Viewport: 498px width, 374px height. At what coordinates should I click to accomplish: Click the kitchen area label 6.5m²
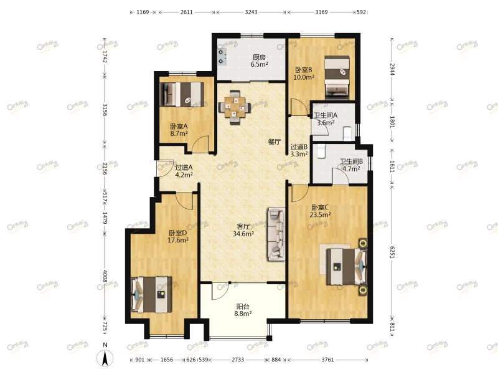[x=259, y=65]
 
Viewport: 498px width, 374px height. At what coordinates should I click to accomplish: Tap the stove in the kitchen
[x=222, y=57]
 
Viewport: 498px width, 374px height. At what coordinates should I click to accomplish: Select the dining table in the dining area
[x=235, y=107]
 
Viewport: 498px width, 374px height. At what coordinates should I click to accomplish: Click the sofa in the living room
[x=276, y=234]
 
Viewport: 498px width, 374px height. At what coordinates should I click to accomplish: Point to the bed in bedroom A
[x=182, y=94]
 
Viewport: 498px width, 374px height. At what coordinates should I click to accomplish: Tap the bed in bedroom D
[x=151, y=295]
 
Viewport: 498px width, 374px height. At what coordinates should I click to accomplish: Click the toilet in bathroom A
[x=348, y=133]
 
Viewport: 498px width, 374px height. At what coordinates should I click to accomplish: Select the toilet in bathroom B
[x=321, y=151]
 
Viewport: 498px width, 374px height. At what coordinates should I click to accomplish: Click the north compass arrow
[x=105, y=358]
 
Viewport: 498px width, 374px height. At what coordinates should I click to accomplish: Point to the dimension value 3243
[x=251, y=12]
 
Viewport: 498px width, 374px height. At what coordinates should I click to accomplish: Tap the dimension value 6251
[x=392, y=252]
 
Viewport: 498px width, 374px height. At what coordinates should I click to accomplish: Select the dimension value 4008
[x=105, y=276]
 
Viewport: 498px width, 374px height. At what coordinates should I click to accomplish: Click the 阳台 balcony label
[x=243, y=307]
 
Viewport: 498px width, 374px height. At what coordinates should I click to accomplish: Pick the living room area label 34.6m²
[x=243, y=234]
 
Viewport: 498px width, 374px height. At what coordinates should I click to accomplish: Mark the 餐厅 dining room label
[x=275, y=142]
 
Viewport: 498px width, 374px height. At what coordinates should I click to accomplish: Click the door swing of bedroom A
[x=200, y=144]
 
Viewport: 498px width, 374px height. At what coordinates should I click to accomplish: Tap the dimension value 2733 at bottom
[x=238, y=360]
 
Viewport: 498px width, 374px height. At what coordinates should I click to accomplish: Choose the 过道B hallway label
[x=299, y=147]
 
